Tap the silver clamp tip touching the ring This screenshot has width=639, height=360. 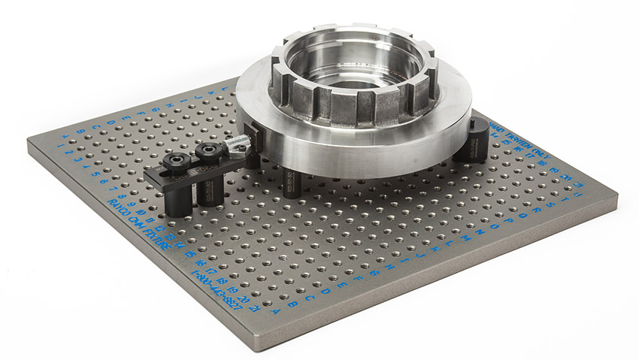point(239,141)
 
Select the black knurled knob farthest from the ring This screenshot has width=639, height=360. point(178,160)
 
